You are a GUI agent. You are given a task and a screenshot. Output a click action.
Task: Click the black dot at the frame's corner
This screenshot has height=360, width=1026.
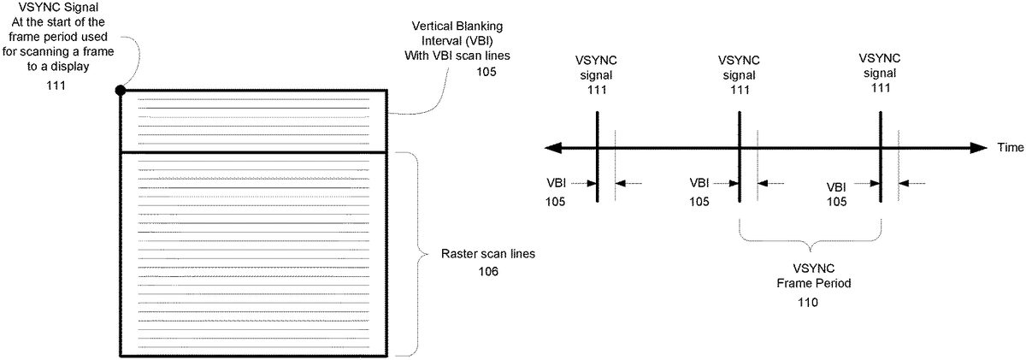(121, 89)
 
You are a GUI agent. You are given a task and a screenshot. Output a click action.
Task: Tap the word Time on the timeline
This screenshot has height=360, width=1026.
(1010, 148)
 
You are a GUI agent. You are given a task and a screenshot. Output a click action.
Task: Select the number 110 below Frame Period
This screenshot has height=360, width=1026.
(807, 302)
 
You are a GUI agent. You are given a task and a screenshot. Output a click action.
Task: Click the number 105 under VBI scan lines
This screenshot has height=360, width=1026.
(486, 72)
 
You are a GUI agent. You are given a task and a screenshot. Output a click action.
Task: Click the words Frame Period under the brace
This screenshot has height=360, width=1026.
(807, 282)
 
